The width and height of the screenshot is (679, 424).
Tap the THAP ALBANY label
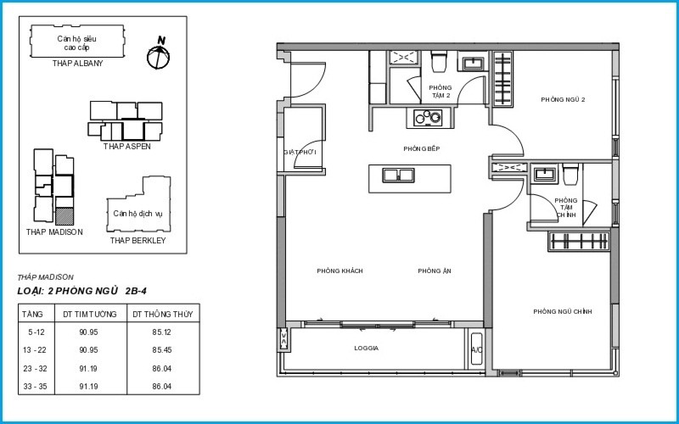[x=78, y=63]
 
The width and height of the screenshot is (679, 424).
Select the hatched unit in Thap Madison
[x=65, y=216]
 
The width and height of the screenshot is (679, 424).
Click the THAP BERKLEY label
[x=137, y=241]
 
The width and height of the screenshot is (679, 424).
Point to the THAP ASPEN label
[x=126, y=146]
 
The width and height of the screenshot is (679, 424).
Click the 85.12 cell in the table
[x=162, y=332]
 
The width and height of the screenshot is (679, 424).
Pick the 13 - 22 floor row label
[x=34, y=350]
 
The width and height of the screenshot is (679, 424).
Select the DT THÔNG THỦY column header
[x=162, y=314]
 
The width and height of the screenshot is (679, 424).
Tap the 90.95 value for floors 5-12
[x=88, y=332]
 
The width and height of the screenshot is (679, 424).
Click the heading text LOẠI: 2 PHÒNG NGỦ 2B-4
[x=81, y=291]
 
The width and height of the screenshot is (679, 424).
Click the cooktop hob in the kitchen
[x=428, y=117]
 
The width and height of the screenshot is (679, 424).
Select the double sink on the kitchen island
[x=398, y=176]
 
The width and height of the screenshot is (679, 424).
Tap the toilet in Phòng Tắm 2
[x=439, y=61]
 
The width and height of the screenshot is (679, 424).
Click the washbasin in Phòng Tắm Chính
[x=543, y=175]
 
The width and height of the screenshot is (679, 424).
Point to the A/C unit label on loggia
[x=477, y=349]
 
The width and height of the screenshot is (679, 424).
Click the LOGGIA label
[x=367, y=348]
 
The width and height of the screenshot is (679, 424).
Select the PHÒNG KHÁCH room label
[x=340, y=271]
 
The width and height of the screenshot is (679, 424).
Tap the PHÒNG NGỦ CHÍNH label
[x=563, y=311]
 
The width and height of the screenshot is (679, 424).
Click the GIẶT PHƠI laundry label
[x=300, y=153]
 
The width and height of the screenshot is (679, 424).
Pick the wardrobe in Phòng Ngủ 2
[x=502, y=78]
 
